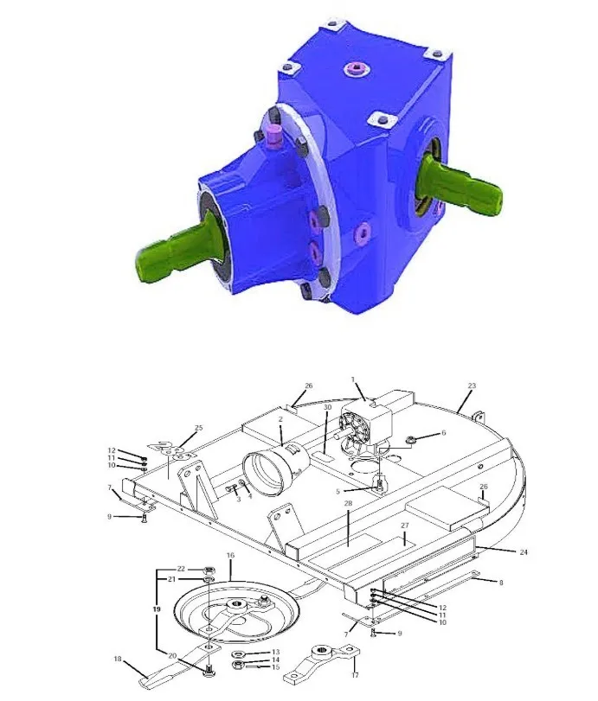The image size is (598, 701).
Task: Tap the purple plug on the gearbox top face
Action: tap(357, 69)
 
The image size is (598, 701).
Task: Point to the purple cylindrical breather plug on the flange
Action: tap(273, 137)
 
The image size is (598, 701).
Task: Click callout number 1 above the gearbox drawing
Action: tap(353, 379)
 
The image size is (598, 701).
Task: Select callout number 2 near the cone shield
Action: tap(280, 419)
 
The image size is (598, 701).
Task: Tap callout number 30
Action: tap(328, 407)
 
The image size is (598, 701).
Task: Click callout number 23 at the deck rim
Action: tap(472, 386)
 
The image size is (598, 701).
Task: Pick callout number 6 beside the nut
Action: tap(444, 433)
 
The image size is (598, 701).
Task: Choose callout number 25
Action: tap(199, 428)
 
